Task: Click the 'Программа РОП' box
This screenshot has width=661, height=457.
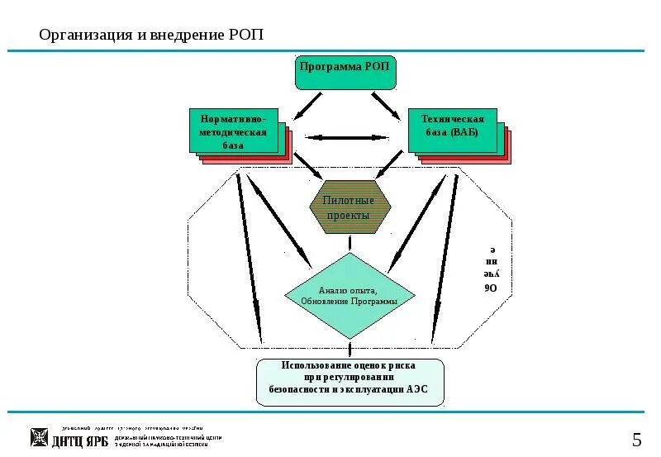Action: [346, 73]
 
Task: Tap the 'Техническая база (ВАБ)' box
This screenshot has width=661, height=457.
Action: [452, 130]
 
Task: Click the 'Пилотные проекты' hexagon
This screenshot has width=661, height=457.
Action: [350, 207]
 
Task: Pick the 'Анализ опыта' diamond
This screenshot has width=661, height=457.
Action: [350, 295]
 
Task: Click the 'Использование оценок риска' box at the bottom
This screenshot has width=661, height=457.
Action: [350, 381]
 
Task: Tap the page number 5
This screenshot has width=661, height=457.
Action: [637, 439]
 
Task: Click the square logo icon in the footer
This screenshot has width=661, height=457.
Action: [39, 438]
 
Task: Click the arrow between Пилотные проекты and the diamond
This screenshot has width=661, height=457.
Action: [350, 243]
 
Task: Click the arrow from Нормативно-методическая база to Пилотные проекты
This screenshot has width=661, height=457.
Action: [308, 164]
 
